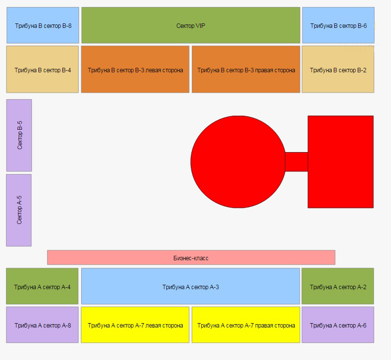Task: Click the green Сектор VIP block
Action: [191, 25]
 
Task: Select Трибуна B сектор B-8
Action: [43, 25]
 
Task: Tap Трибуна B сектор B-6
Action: [338, 25]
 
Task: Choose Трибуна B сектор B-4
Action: [42, 69]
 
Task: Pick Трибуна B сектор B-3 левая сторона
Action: [135, 69]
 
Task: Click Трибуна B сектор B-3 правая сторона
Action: [246, 69]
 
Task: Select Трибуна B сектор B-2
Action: [338, 69]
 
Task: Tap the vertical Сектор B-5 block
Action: [19, 135]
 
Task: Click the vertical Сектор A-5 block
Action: [19, 210]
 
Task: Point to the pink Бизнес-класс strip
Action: [191, 257]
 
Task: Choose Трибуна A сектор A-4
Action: [42, 286]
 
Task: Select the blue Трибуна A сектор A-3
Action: [190, 286]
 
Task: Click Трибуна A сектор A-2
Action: [338, 286]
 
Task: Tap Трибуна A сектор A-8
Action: [42, 325]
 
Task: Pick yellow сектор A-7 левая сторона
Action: [135, 325]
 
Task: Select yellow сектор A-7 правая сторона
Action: [246, 325]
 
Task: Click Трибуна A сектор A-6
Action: [338, 325]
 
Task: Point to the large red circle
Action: [238, 162]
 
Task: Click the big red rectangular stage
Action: [341, 162]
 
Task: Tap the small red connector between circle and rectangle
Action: [297, 162]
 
